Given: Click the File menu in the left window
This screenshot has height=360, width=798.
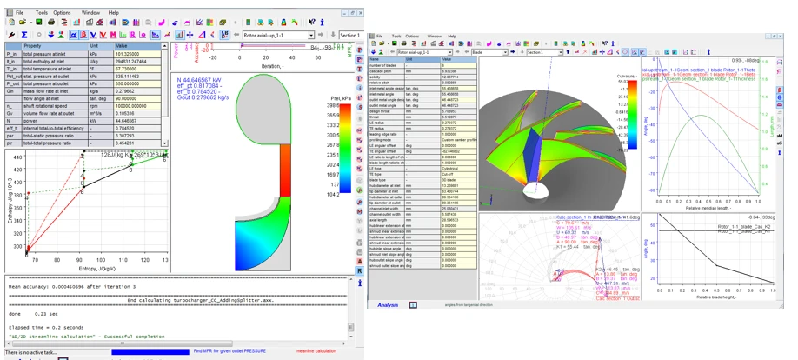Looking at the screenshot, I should pyautogui.click(x=19, y=13).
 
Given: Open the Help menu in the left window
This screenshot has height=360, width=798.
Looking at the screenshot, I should pyautogui.click(x=114, y=13).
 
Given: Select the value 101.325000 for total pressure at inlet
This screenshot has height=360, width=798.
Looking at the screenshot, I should pyautogui.click(x=139, y=53).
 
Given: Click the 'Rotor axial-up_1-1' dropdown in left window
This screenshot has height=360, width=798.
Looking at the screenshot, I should pyautogui.click(x=278, y=36).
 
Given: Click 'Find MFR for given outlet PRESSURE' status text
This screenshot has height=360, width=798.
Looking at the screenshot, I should pyautogui.click(x=243, y=351).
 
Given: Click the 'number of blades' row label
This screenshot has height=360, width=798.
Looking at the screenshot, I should pyautogui.click(x=388, y=65).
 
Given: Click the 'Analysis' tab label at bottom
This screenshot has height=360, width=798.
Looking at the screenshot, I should pyautogui.click(x=388, y=305).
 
